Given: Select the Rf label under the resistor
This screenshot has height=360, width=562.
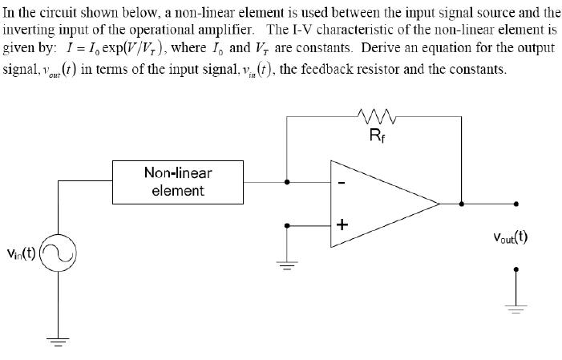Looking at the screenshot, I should click(x=377, y=135).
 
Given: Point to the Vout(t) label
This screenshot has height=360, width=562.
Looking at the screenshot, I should click(x=510, y=237).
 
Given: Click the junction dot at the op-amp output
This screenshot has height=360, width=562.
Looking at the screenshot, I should click(x=461, y=204).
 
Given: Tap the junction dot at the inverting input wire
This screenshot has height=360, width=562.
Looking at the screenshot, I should click(x=288, y=181).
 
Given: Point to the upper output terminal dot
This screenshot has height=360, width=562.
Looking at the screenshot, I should click(x=516, y=204).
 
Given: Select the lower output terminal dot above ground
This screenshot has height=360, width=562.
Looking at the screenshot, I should click(x=516, y=269).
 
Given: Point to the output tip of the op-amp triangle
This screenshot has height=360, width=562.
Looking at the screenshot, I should click(x=439, y=204).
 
